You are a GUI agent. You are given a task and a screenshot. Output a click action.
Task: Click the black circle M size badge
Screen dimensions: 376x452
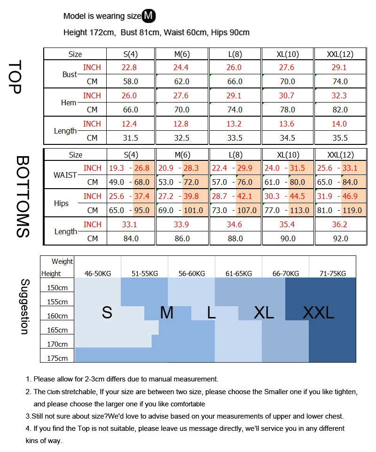tap(149, 16)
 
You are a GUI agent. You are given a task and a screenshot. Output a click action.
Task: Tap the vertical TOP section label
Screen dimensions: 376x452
tap(15, 77)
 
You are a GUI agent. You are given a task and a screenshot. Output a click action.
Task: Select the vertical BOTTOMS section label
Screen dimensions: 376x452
tap(23, 197)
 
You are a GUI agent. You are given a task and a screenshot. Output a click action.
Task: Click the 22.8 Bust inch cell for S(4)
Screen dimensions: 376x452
tap(129, 67)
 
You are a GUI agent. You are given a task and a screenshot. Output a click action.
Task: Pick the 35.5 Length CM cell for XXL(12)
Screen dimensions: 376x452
tap(340, 138)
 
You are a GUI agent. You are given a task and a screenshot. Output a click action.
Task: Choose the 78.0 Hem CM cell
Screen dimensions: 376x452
tap(288, 110)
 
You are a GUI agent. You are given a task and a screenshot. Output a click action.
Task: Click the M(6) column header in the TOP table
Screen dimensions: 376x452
tap(182, 54)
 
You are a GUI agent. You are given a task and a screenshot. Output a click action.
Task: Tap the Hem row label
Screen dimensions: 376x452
tap(69, 103)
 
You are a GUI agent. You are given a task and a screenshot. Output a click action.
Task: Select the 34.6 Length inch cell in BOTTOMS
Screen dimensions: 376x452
tap(234, 224)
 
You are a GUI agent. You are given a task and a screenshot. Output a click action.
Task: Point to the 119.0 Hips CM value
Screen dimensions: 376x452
tap(352, 210)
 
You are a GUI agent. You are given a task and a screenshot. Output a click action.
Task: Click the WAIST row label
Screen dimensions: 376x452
tap(65, 175)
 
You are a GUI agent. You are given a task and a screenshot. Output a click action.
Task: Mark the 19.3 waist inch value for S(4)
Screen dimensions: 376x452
tap(117, 168)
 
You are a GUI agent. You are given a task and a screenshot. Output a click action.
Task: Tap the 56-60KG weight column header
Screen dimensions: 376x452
tap(192, 274)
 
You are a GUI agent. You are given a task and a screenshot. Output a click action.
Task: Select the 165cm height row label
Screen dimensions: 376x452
tap(57, 330)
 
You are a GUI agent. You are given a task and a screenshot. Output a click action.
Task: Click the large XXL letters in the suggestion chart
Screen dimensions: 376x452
tap(318, 312)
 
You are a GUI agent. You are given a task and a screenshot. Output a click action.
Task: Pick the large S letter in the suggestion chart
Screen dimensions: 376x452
tap(107, 312)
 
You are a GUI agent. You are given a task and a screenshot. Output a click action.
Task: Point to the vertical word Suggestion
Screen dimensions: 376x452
tap(25, 307)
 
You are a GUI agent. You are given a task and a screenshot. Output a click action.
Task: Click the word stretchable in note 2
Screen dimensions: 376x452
tap(79, 392)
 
